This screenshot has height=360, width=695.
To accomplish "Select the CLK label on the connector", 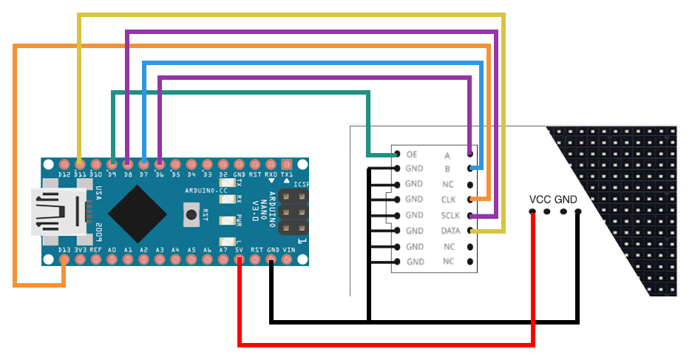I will click(x=448, y=200).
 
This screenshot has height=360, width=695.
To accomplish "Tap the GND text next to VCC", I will click(x=566, y=200).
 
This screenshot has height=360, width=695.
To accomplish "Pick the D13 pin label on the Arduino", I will click(x=65, y=250).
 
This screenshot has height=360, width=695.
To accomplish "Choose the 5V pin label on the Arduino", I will click(x=240, y=250).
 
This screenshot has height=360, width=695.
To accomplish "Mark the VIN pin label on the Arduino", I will click(x=288, y=250).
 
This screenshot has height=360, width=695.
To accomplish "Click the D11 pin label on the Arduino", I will click(x=80, y=174).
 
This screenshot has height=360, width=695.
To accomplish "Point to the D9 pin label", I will click(x=112, y=174).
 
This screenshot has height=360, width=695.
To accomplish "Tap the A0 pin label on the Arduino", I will click(x=112, y=250).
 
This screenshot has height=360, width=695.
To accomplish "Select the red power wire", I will click(x=384, y=344).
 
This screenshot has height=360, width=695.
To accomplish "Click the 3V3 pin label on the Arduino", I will click(x=81, y=250).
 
